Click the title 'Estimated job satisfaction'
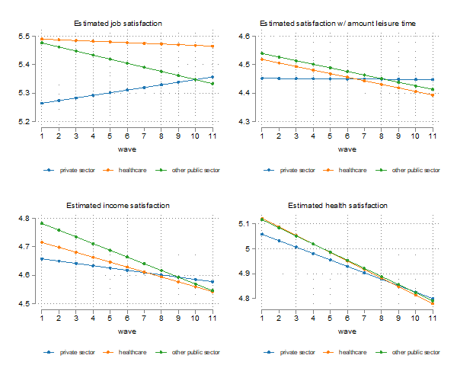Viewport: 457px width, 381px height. pyautogui.click(x=117, y=24)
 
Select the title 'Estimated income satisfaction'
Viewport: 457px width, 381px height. pyautogui.click(x=117, y=206)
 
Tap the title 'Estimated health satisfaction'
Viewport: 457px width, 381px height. pyautogui.click(x=338, y=206)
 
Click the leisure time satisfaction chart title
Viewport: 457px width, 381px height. pyautogui.click(x=338, y=24)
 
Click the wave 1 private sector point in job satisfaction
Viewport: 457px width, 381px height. pyautogui.click(x=42, y=103)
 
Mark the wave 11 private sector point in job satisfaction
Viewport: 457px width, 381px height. pyautogui.click(x=213, y=77)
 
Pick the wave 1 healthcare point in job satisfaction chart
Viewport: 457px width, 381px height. pyautogui.click(x=42, y=39)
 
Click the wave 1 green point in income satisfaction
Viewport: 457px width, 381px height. pyautogui.click(x=42, y=223)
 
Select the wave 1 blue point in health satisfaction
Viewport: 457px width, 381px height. pyautogui.click(x=262, y=234)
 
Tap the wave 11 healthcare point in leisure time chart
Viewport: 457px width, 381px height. pyautogui.click(x=433, y=95)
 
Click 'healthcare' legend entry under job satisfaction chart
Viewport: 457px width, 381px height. pyautogui.click(x=126, y=170)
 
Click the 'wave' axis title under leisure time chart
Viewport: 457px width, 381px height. pyautogui.click(x=347, y=149)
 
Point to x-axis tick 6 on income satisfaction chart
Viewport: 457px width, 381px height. pyautogui.click(x=127, y=315)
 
